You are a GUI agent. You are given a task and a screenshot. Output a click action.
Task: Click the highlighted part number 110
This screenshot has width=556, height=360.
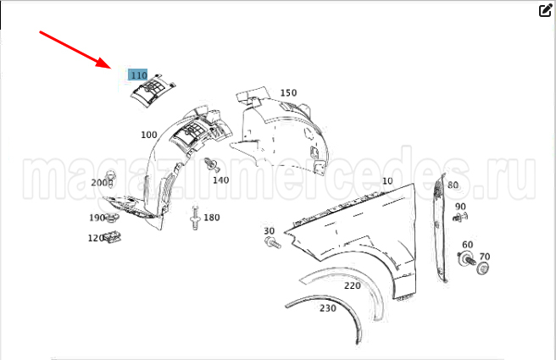[138, 75]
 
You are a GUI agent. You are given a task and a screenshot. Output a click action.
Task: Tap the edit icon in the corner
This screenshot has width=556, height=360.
[545, 11]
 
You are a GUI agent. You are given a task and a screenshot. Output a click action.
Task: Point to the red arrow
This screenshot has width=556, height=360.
[75, 49]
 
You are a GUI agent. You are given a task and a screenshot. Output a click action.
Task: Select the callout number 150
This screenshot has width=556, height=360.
[288, 93]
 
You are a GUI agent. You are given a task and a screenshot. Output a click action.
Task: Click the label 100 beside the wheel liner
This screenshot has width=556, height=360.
[149, 135]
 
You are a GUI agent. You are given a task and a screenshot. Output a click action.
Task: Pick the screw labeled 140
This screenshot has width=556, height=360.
[214, 165]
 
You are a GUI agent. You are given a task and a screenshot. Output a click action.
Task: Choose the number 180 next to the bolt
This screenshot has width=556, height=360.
[212, 217]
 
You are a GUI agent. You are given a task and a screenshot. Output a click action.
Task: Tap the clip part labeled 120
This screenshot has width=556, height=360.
[113, 237]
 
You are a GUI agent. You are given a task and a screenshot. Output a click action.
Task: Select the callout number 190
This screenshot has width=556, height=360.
[97, 218]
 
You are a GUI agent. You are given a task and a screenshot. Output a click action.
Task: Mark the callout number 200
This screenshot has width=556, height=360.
[99, 182]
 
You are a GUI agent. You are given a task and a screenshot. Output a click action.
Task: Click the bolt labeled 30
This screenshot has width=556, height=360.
[273, 243]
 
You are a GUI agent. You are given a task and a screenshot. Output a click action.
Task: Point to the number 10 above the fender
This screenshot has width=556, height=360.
[387, 180]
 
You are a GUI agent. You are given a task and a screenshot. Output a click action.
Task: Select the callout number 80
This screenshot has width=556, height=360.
[453, 185]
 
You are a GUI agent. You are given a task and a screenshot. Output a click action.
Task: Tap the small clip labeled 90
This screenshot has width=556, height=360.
[460, 217]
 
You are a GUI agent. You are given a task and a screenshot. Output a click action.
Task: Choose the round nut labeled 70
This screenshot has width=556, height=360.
[483, 268]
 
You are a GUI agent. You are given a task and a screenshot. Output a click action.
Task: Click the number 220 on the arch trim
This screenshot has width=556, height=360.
[352, 285]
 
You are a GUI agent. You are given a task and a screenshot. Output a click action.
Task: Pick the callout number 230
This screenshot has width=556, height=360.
[328, 308]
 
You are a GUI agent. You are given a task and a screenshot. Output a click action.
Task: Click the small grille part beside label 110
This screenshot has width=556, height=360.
[153, 91]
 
